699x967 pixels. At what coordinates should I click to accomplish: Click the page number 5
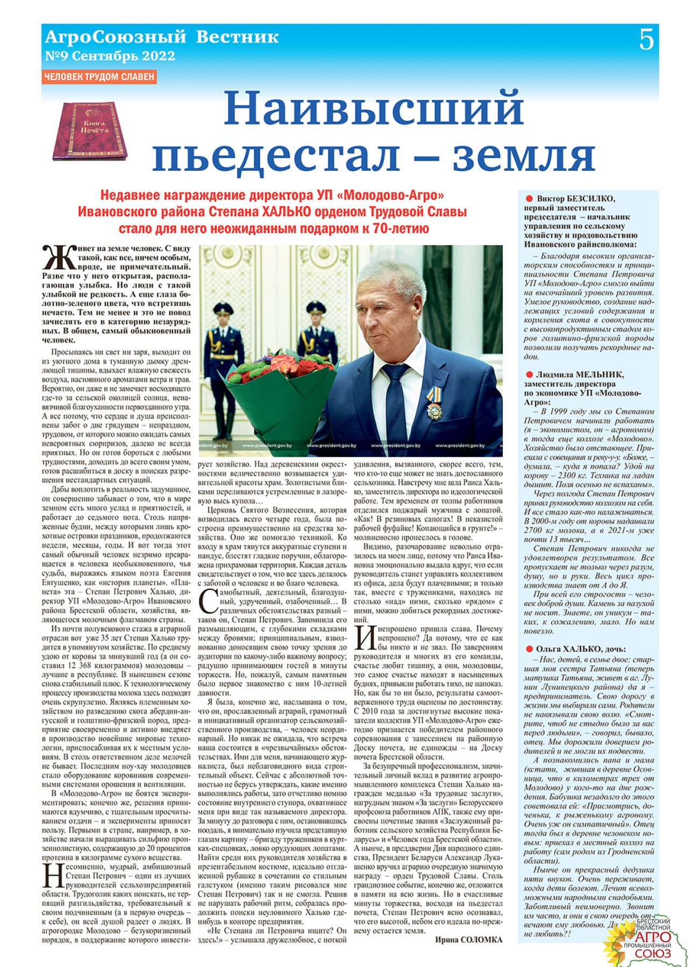(646, 40)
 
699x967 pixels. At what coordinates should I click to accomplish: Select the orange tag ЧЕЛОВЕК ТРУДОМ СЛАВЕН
(99, 77)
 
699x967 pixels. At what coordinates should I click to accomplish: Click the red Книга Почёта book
(90, 131)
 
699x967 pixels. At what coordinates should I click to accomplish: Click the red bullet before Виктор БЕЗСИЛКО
(529, 199)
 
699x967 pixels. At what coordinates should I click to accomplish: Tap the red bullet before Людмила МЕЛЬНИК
(529, 375)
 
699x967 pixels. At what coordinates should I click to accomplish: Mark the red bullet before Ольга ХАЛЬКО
(529, 649)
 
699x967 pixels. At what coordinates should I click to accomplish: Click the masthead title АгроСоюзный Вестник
(162, 37)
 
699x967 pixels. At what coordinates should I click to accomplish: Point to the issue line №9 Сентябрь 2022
(110, 56)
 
